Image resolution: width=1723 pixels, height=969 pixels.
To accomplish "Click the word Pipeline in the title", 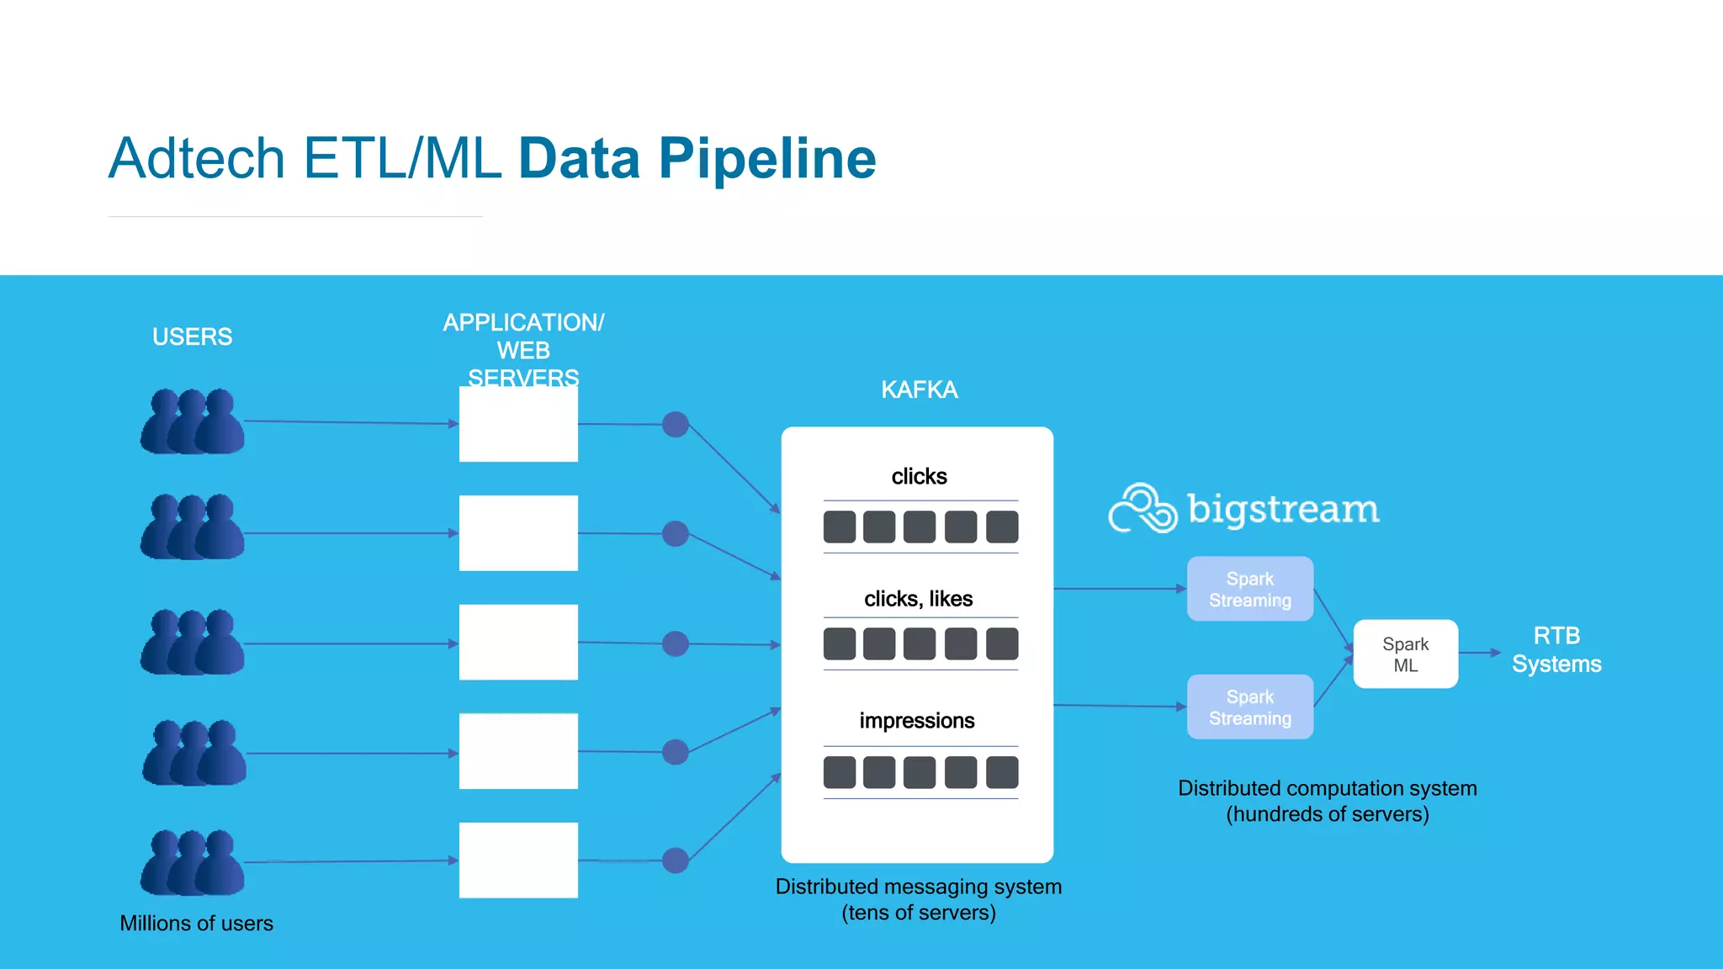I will [766, 160].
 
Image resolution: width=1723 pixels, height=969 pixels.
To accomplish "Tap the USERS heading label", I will [192, 336].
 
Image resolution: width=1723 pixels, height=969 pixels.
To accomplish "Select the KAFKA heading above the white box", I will [919, 389].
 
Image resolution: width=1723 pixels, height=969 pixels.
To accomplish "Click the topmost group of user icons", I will [193, 422].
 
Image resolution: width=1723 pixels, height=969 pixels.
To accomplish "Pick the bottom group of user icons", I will [193, 863].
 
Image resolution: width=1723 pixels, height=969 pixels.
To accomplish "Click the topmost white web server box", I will [518, 425].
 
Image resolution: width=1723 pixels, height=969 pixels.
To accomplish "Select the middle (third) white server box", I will [518, 642].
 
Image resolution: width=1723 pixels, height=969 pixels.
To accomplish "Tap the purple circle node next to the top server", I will [675, 425].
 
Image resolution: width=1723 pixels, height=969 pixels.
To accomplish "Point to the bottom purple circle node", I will [675, 860].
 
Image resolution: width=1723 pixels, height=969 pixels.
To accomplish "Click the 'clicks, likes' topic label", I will [918, 599].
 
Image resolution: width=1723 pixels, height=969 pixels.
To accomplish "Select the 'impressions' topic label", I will [917, 721].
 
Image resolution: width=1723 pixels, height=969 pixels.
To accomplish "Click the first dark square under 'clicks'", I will [839, 527].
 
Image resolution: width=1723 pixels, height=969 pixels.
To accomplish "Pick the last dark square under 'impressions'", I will [1001, 772].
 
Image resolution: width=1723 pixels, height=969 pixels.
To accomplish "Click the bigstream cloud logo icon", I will [1142, 508].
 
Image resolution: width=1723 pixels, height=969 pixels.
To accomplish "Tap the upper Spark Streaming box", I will [1249, 589].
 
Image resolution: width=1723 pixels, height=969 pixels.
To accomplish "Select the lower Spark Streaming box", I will [1249, 707].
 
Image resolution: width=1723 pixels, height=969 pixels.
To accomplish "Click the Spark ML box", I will [1405, 654].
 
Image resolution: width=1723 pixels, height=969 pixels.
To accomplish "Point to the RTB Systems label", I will [1556, 649].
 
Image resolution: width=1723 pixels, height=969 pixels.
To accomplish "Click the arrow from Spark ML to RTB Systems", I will [1480, 653].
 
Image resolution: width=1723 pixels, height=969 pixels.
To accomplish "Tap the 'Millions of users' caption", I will [196, 924].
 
